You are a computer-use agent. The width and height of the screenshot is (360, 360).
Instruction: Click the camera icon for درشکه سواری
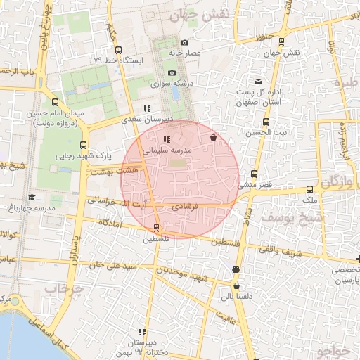pyautogui.click(x=172, y=73)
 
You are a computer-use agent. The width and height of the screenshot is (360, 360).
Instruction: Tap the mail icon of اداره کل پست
pyautogui.click(x=258, y=82)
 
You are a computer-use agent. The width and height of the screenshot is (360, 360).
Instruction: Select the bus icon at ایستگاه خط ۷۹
pyautogui.click(x=117, y=51)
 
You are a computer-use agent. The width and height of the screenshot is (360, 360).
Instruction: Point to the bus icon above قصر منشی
pyautogui.click(x=254, y=174)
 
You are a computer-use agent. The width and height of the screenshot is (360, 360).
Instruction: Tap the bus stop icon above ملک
pyautogui.click(x=310, y=189)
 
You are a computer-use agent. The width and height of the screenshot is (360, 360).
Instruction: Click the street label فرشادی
pyautogui.click(x=186, y=207)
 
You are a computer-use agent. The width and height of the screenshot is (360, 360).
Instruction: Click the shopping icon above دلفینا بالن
pyautogui.click(x=236, y=286)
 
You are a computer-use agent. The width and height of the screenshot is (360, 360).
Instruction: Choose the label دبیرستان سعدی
pyautogui.click(x=142, y=120)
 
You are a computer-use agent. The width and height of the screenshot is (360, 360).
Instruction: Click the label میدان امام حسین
pyautogui.click(x=56, y=114)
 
